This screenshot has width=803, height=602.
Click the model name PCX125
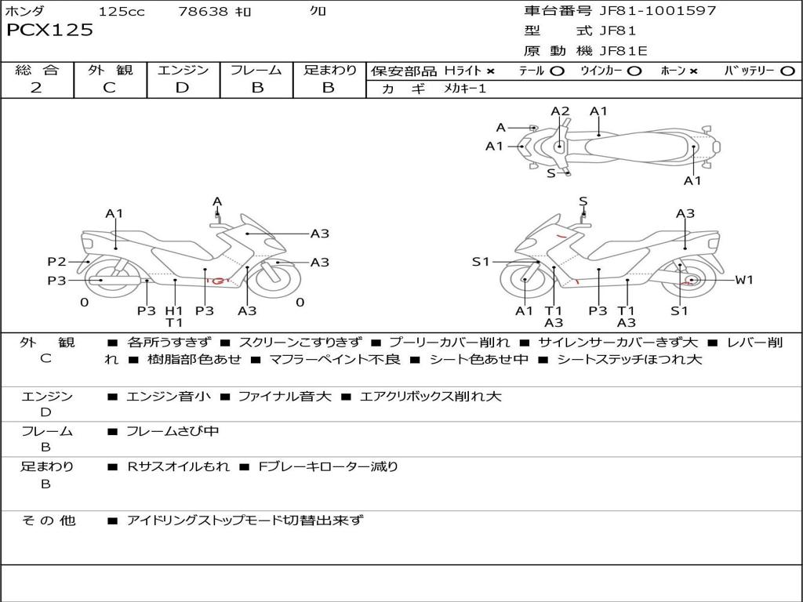tap(49, 31)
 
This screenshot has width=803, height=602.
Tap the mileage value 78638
tap(203, 12)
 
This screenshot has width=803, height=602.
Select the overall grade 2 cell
tap(37, 88)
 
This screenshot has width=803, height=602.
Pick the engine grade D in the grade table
tap(183, 88)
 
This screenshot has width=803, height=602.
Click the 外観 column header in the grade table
tap(110, 71)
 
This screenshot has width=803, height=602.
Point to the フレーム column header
tap(256, 71)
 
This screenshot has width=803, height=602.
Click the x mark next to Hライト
tap(491, 71)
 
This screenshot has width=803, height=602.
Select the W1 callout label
tap(743, 280)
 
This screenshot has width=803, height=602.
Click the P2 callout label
tap(56, 262)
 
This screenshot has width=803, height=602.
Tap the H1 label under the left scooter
tap(174, 310)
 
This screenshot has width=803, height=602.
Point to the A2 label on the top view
tap(560, 111)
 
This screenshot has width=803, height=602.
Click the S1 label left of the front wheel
tap(481, 262)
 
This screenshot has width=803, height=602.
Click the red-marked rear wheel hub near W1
tap(691, 281)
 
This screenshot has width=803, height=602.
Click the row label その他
tap(48, 520)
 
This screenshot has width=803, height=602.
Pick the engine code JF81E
tap(623, 51)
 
